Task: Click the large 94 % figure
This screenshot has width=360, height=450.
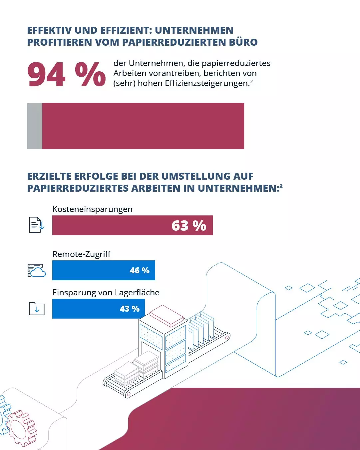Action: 67,75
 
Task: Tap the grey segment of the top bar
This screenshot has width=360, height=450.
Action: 35,126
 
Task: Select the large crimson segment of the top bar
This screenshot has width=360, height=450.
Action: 143,126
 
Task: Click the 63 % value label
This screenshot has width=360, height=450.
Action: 189,226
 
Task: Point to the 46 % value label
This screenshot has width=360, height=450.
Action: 140,270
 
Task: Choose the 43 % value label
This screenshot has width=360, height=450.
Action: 130,309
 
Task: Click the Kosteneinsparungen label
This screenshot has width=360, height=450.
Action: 92,209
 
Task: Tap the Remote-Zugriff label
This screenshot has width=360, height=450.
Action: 81,254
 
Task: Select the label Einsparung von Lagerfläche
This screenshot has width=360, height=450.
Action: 106,292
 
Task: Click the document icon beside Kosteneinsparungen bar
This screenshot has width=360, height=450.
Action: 36,225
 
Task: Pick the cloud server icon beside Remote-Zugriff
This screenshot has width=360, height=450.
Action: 36,270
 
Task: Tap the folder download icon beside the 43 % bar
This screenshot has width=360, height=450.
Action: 37,309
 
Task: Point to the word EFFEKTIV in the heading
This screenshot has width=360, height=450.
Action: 49,30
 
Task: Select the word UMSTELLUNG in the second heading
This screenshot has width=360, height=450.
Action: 195,176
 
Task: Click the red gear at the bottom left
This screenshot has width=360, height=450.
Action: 22,428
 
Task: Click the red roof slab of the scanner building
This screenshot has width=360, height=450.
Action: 167,315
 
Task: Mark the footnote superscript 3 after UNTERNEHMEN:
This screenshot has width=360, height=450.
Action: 281,186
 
